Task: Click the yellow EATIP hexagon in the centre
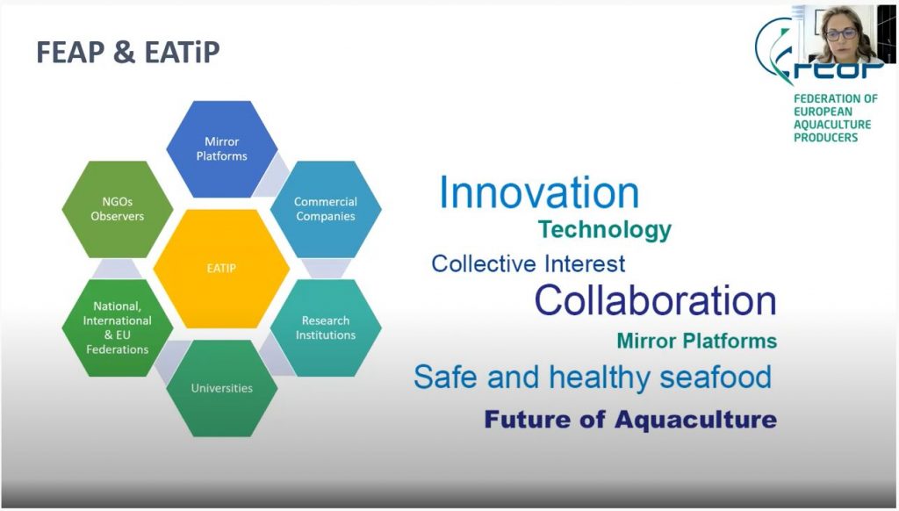point(221,269)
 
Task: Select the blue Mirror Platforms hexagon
point(222,149)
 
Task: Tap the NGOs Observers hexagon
point(118,209)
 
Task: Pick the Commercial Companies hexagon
point(326,209)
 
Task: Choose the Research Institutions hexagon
point(326,328)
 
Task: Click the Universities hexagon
point(222,388)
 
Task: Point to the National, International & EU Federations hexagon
point(118,328)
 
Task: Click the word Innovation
point(539,192)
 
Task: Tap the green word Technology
point(605,230)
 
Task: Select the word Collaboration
point(655,300)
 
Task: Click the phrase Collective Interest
point(528,263)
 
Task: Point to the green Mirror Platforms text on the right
point(696,342)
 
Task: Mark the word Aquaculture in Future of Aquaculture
point(695,420)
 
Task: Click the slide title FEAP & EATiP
point(128,52)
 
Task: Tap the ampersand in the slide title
point(124,52)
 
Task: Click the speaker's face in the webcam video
point(841,32)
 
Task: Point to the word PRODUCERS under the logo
point(825,138)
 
